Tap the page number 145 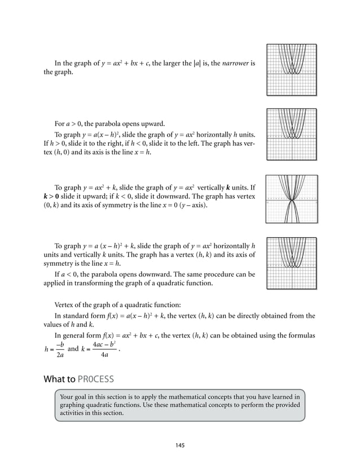[179, 445]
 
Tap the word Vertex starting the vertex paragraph [64, 303]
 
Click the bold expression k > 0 [55, 195]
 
